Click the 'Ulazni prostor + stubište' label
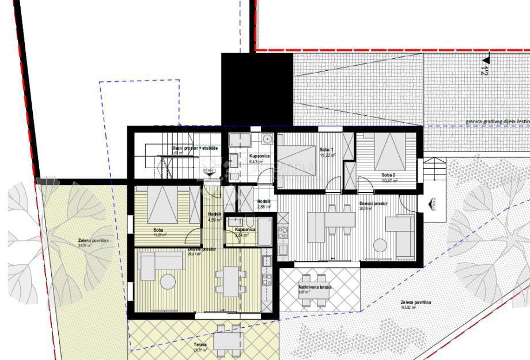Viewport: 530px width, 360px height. pos(195,149)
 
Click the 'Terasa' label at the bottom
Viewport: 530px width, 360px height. pos(200,344)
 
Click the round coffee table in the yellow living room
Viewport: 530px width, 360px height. pos(168,282)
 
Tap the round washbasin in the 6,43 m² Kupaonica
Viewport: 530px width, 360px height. pos(267,139)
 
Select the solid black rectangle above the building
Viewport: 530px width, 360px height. pos(258,89)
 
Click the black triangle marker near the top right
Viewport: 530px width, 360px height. pos(486,59)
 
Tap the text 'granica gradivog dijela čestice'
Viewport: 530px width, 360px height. pos(497,122)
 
